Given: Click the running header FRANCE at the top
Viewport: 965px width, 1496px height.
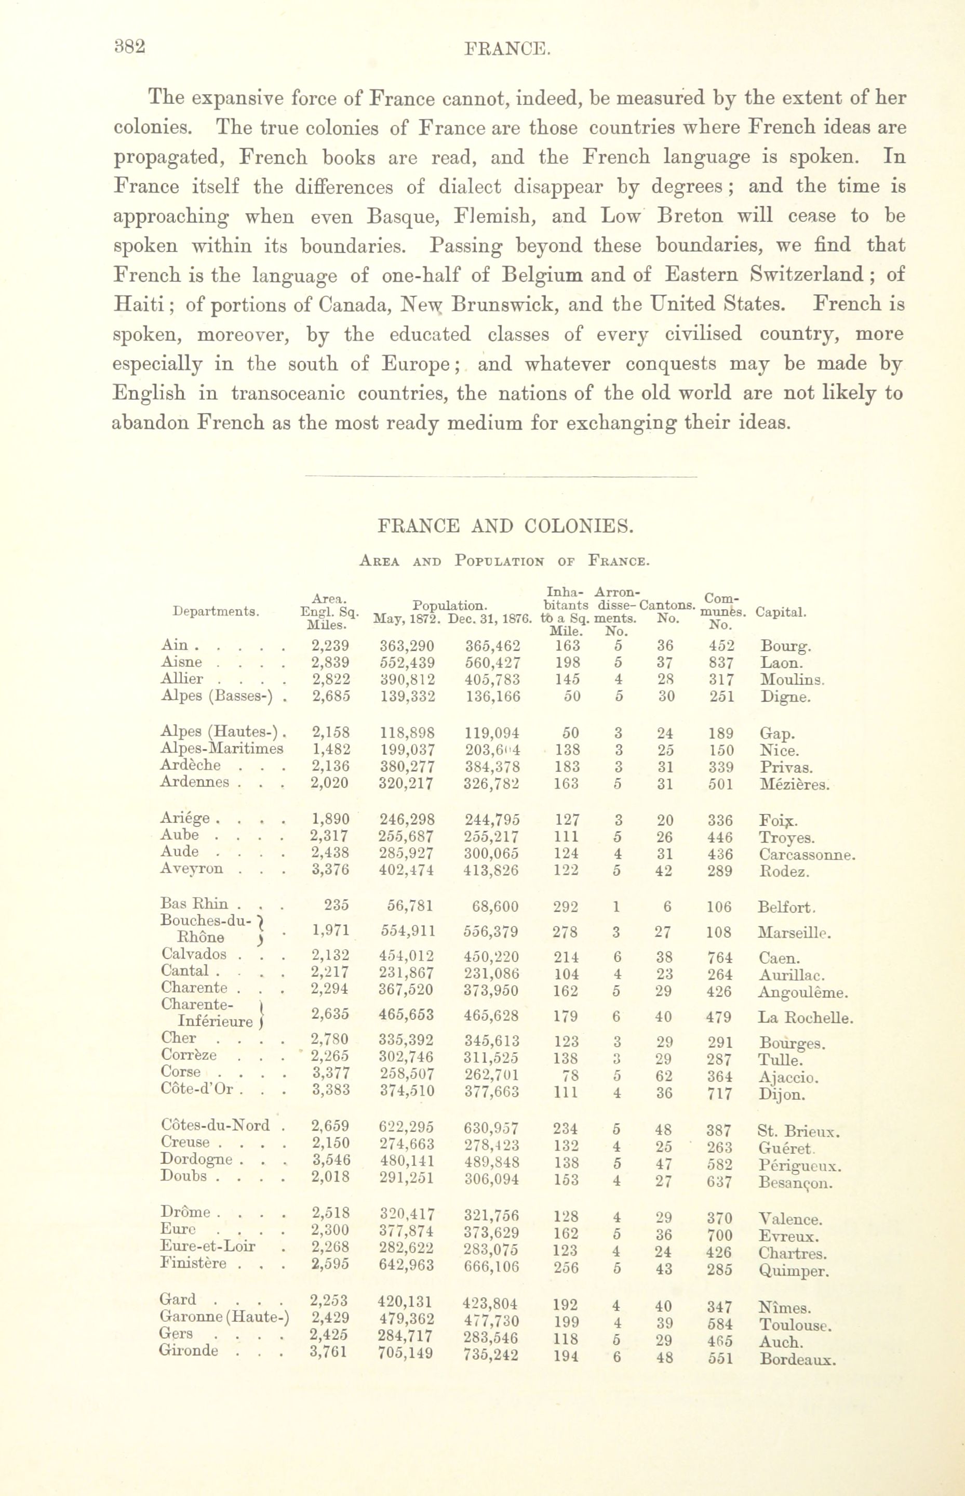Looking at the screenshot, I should click(x=507, y=49).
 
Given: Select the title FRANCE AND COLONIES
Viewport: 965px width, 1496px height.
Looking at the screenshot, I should click(x=506, y=526).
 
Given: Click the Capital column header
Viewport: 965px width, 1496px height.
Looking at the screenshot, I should click(x=781, y=612).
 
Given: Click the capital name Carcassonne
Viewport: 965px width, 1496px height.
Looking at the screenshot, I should click(x=807, y=855).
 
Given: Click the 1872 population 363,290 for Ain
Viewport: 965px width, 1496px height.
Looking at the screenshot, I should click(x=407, y=646).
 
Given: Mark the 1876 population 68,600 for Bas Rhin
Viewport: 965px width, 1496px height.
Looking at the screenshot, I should click(x=495, y=907).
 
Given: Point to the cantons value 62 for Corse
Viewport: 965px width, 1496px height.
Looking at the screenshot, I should click(x=664, y=1076).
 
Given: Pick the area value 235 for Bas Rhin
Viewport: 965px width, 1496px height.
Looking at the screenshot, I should click(x=337, y=906).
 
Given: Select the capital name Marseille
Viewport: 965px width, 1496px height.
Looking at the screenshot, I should click(x=794, y=933).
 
